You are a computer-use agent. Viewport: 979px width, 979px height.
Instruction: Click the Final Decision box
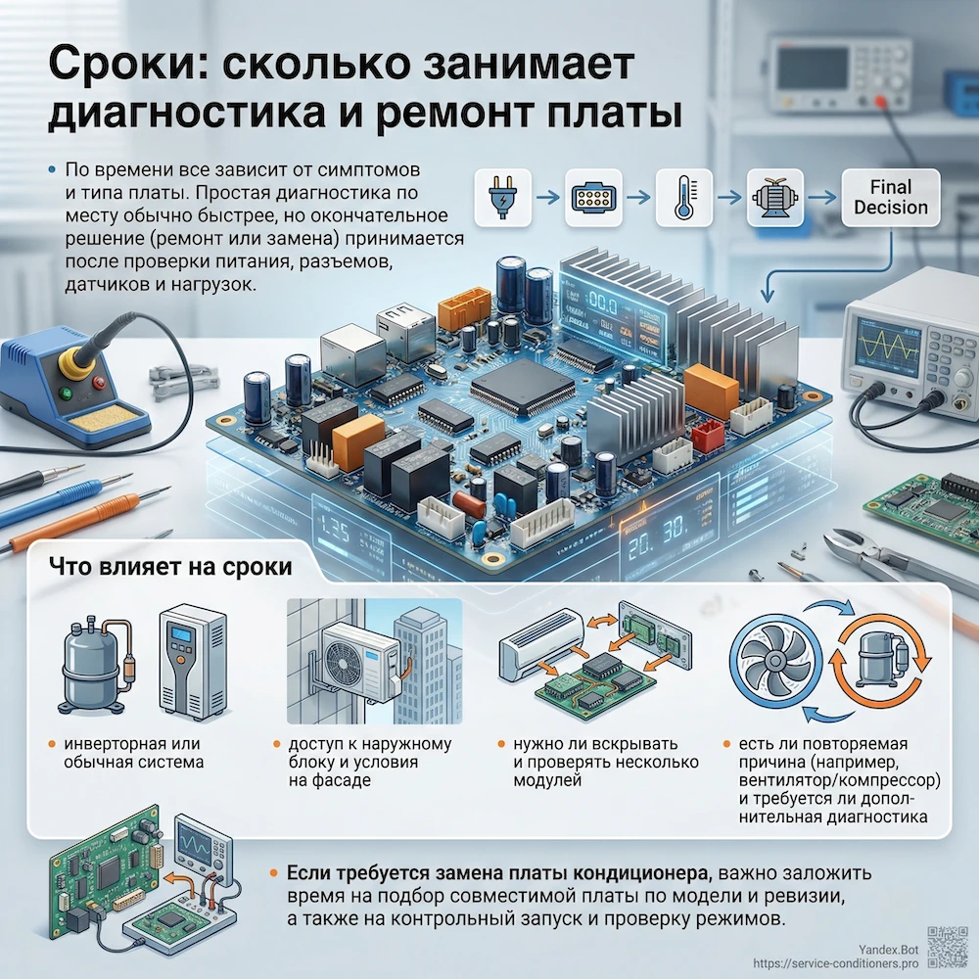pyautogui.click(x=890, y=197)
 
